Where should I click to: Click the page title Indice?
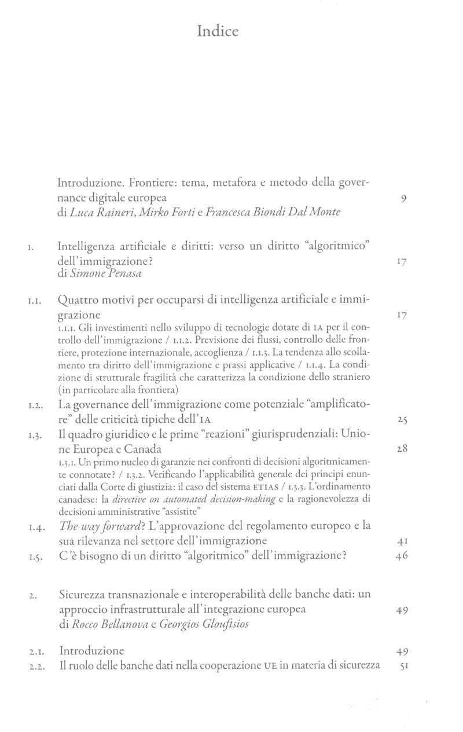point(217,31)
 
